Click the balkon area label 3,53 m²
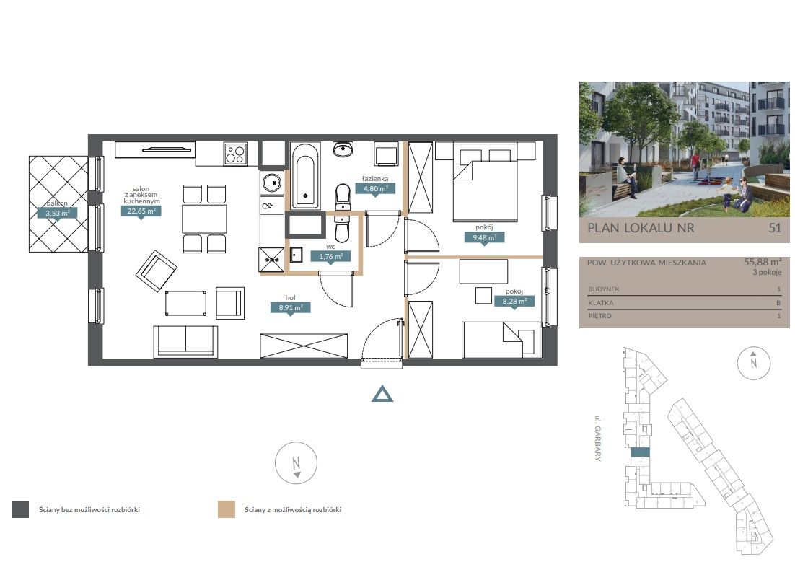tap(57, 213)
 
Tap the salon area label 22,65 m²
tap(141, 211)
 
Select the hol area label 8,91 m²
tap(291, 307)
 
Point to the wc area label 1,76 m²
tap(331, 257)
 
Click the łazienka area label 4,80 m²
tap(375, 189)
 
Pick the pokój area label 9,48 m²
tap(485, 237)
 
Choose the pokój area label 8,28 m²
tap(514, 302)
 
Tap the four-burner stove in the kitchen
tap(235, 154)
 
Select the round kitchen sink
tap(272, 183)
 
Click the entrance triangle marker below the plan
tap(382, 394)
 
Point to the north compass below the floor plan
tap(296, 463)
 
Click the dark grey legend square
tap(20, 509)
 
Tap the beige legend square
tap(226, 509)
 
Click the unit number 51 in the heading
tap(775, 228)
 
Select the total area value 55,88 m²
tap(762, 262)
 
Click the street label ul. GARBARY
tap(598, 438)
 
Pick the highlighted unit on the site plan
tap(640, 453)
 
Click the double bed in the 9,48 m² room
tap(486, 183)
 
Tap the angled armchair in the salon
tap(156, 271)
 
